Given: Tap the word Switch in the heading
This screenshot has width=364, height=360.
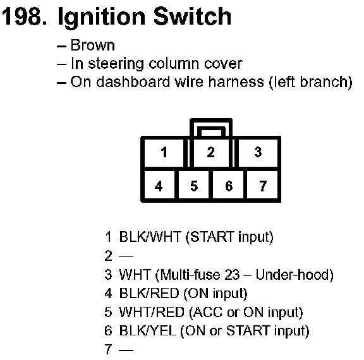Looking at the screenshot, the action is [x=192, y=16].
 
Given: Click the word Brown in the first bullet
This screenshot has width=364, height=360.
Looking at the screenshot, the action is [x=92, y=45].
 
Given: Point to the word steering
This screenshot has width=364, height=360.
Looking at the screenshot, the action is [x=116, y=64].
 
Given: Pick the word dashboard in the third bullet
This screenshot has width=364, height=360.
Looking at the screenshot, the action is [x=133, y=81].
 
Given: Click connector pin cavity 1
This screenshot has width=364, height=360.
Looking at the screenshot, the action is [x=164, y=152].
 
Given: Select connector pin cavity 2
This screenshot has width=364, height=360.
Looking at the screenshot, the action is [x=211, y=152].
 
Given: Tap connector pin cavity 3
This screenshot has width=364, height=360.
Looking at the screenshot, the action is [x=258, y=152].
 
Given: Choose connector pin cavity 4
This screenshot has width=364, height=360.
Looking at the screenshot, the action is [x=159, y=185].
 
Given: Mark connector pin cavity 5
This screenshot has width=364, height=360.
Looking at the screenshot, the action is [x=193, y=185].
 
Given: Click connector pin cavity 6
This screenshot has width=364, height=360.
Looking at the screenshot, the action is [x=228, y=185].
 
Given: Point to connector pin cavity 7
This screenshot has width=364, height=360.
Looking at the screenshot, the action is [x=262, y=185].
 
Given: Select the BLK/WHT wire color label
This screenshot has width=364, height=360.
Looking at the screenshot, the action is [x=150, y=237].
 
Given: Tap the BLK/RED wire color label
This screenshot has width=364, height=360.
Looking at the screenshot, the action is [x=149, y=293].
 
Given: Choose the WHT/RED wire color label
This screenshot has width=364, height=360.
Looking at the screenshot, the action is [x=152, y=312].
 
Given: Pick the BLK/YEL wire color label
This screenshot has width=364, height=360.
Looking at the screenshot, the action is [x=148, y=330].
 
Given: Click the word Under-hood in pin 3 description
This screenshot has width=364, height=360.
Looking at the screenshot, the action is [x=294, y=275].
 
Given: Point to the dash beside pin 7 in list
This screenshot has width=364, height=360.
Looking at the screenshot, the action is [x=126, y=349].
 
